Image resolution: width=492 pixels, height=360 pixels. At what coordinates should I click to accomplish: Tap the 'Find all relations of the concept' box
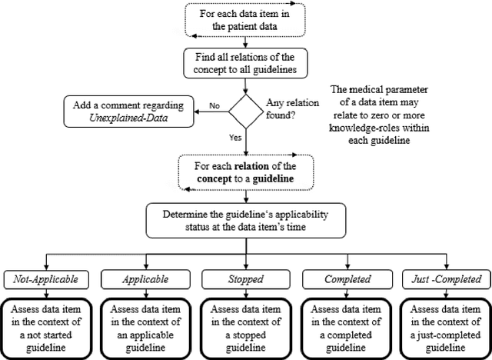(246, 64)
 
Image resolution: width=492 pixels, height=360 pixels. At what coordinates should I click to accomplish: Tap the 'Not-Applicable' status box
(47, 278)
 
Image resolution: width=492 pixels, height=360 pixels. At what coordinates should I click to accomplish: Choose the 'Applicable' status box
(146, 278)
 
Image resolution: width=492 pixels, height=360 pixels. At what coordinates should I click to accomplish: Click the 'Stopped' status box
(245, 278)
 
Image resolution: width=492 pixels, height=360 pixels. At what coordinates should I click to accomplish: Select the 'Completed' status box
(345, 278)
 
